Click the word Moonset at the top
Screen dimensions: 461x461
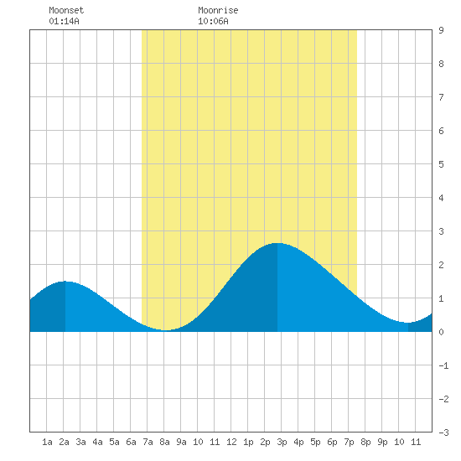66,10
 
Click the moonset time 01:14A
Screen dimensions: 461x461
64,21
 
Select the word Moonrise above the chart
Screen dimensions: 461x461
218,10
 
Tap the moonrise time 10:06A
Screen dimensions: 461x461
213,21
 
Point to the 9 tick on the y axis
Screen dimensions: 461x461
441,30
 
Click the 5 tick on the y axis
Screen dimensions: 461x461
441,164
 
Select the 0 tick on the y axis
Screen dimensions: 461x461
441,332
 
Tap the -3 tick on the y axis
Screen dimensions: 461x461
443,433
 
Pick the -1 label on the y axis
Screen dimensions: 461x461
443,365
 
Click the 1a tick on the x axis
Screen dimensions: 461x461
47,442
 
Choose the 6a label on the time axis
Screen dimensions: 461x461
131,442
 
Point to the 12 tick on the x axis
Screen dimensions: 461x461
231,442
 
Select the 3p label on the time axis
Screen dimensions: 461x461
282,442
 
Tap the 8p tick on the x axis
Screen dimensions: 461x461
365,442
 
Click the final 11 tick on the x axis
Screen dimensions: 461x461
416,442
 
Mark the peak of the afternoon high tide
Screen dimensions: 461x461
277,243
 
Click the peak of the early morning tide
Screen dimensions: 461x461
65,282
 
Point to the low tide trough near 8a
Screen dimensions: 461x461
166,330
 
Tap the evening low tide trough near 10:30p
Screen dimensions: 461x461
408,323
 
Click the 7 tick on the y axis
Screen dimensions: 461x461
441,97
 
